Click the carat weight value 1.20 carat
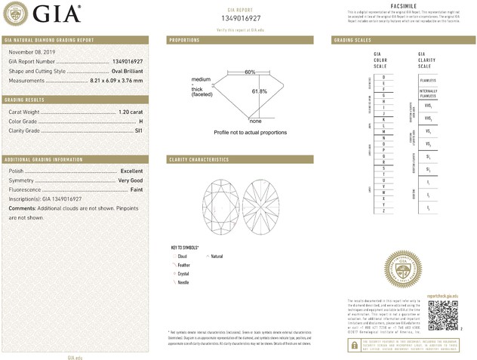click(131, 112)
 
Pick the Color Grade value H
click(141, 121)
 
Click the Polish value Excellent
click(131, 171)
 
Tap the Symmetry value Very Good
click(130, 180)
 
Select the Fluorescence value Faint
click(135, 189)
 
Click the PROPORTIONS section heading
click(184, 39)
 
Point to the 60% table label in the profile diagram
click(250, 72)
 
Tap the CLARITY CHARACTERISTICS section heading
click(199, 160)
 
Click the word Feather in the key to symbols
click(184, 265)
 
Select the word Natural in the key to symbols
click(217, 257)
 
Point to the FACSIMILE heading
click(404, 6)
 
